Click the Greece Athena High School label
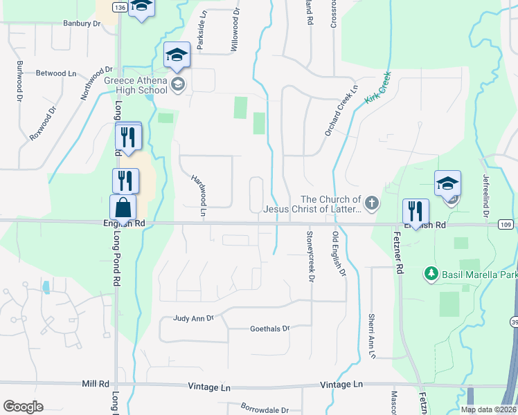click(x=136, y=84)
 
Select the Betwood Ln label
click(x=55, y=73)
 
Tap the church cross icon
click(x=372, y=203)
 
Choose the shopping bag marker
click(x=123, y=207)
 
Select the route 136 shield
click(x=119, y=7)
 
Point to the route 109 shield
click(x=506, y=225)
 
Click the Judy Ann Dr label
click(x=194, y=319)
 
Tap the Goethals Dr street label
click(x=269, y=329)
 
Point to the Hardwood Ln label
click(x=198, y=196)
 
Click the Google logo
click(x=22, y=407)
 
